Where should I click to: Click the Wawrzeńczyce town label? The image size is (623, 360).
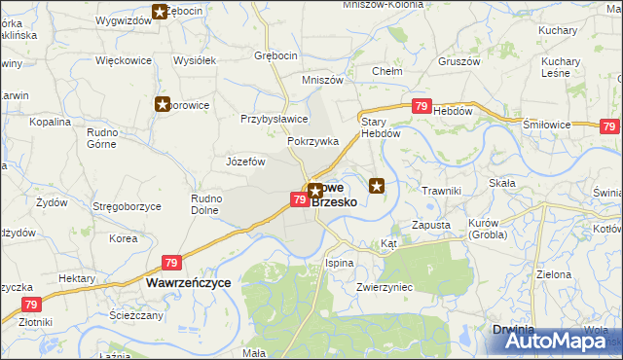[188, 282]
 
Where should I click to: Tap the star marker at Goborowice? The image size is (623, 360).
[162, 104]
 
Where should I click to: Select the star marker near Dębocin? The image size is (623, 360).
[160, 12]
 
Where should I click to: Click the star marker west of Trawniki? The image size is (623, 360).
[377, 185]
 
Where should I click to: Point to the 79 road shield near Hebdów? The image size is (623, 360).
[421, 107]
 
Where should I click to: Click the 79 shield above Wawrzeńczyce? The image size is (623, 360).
[171, 263]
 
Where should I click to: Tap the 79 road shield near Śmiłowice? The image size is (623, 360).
[609, 126]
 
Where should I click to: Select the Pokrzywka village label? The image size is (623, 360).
[312, 141]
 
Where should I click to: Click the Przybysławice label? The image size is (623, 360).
[275, 119]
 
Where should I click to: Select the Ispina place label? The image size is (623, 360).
[339, 263]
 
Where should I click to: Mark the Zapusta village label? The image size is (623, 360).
[430, 225]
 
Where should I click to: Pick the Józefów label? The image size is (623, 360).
[245, 162]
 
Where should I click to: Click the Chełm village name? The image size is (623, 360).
[389, 71]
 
